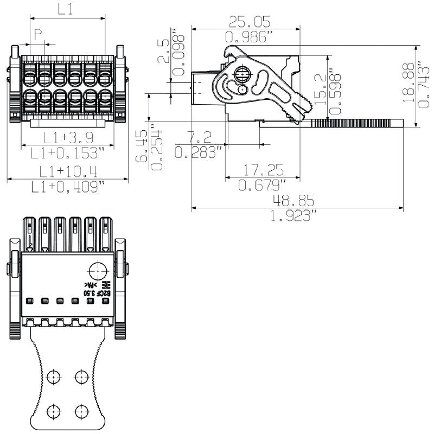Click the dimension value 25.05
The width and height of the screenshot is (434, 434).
click(250, 21)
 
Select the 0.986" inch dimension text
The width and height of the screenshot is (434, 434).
click(248, 37)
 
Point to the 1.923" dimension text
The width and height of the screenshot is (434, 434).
click(293, 216)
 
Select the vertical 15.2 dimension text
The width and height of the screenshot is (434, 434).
click(321, 88)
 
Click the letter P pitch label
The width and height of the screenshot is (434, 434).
click(38, 34)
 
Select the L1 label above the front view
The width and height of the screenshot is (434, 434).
click(65, 9)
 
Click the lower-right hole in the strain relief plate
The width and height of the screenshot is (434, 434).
click(81, 411)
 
